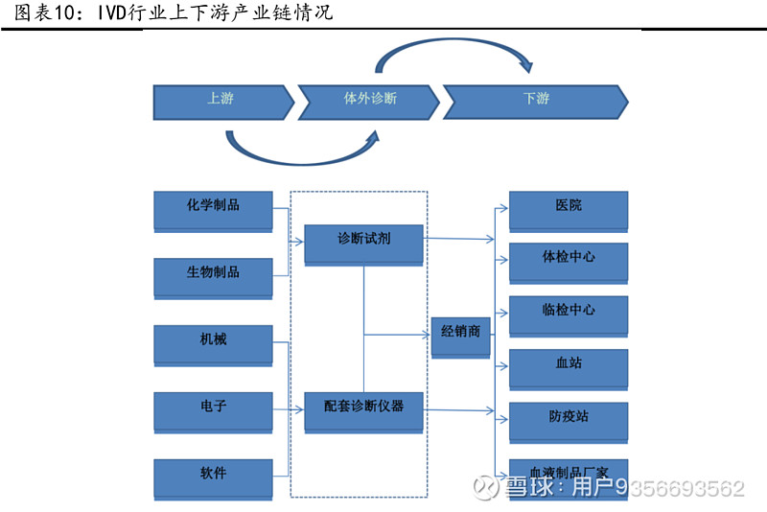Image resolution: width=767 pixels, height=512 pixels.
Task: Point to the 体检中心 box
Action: point(568,262)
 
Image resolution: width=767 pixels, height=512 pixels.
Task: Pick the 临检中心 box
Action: point(568,314)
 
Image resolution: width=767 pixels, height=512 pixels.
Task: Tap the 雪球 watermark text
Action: point(531,489)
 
